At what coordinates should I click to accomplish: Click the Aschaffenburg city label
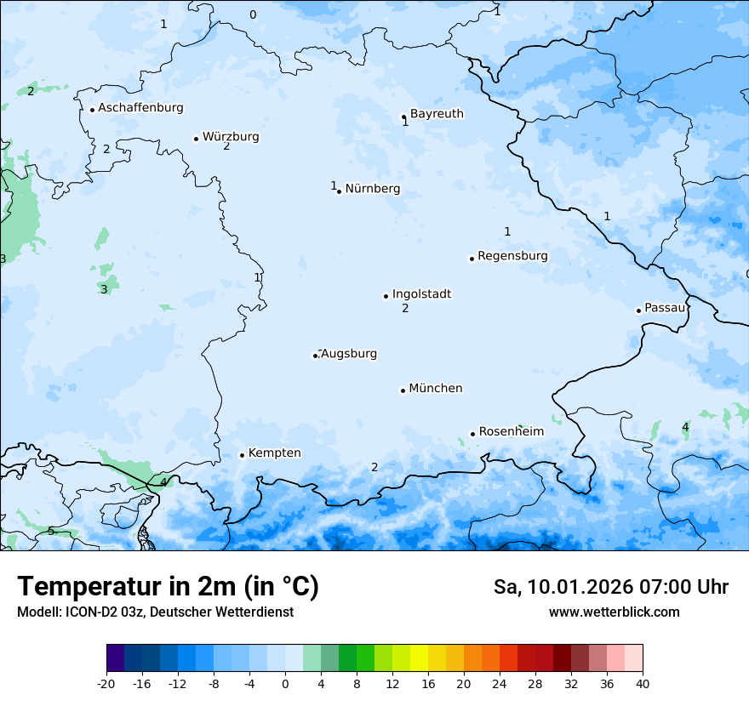[140, 108]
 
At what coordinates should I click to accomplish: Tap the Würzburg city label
[231, 137]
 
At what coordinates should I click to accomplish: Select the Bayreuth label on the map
[437, 114]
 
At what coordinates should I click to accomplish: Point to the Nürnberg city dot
[339, 191]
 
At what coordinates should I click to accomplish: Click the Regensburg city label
[512, 256]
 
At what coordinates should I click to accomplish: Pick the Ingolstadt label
[421, 294]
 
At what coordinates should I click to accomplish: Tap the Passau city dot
[638, 310]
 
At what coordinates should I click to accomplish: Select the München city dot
[403, 390]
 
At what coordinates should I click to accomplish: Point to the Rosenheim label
[511, 432]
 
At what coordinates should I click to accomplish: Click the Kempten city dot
[242, 455]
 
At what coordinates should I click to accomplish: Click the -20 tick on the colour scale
[106, 683]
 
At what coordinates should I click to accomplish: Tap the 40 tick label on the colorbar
[643, 683]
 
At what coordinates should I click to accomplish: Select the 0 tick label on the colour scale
[285, 683]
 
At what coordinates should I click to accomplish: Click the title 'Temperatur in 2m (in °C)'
[168, 586]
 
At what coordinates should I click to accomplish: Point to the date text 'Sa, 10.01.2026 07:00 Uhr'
[610, 587]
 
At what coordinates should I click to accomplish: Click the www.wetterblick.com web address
[614, 612]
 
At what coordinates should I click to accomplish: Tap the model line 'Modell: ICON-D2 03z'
[155, 612]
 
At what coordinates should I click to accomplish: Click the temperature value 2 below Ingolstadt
[405, 309]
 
